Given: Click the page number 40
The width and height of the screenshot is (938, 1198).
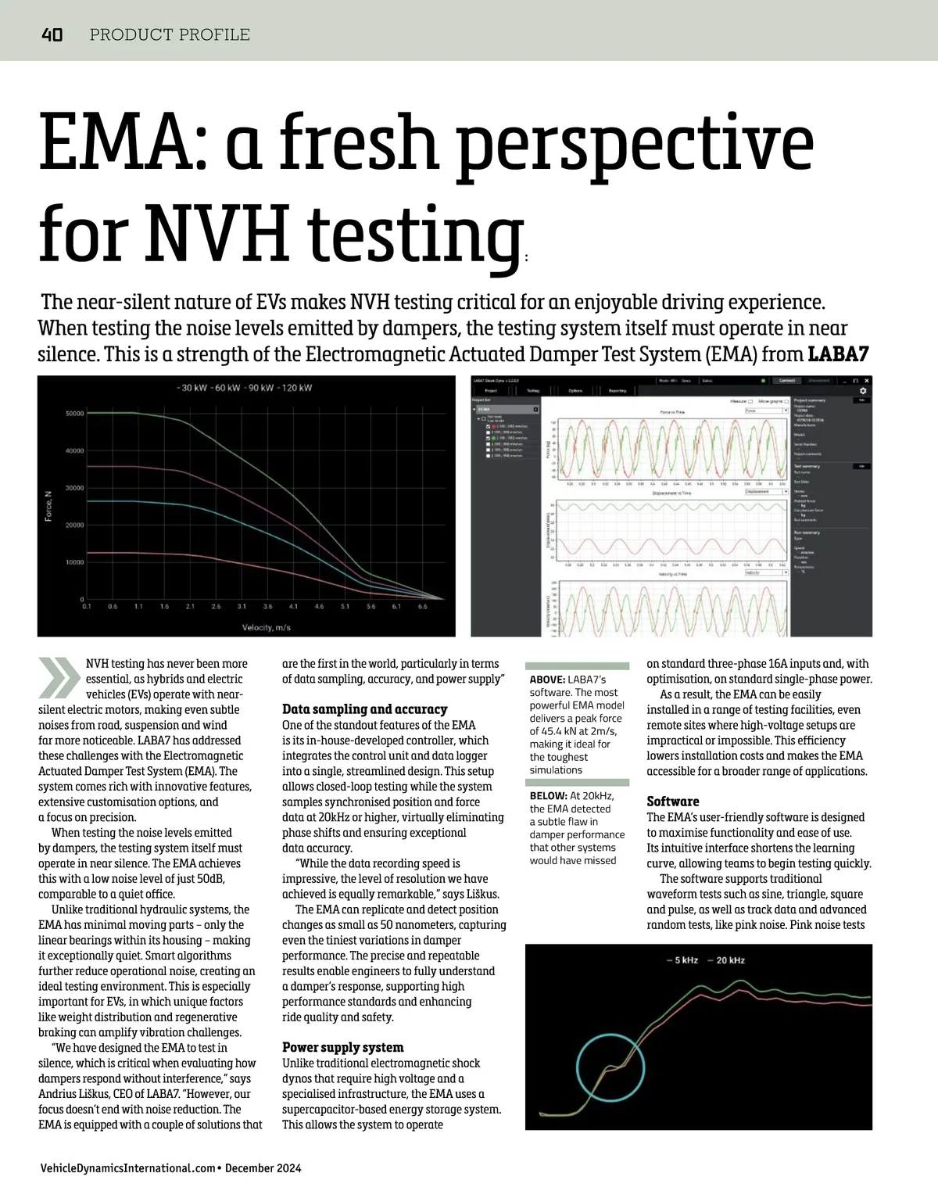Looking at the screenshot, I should (52, 34).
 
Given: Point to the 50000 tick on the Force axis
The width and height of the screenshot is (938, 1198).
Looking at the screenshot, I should (74, 414).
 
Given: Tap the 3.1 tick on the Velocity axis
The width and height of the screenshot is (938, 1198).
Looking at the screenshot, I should (242, 606).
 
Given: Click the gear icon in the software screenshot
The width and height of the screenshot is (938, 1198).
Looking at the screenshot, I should (863, 391).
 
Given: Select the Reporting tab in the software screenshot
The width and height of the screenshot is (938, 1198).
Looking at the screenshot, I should (618, 390).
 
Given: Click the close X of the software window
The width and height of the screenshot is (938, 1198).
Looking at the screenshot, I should (866, 380).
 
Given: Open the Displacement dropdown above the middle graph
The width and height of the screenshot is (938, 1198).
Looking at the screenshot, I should (765, 491).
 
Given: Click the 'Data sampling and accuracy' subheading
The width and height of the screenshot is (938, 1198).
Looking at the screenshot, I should (364, 709).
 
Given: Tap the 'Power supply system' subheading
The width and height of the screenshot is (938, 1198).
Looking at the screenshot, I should (342, 1047).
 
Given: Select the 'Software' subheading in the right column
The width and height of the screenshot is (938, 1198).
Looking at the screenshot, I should (672, 802).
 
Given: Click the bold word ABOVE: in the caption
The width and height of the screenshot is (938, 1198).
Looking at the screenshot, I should (547, 680).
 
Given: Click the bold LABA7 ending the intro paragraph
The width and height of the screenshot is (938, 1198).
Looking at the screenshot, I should (838, 353).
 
